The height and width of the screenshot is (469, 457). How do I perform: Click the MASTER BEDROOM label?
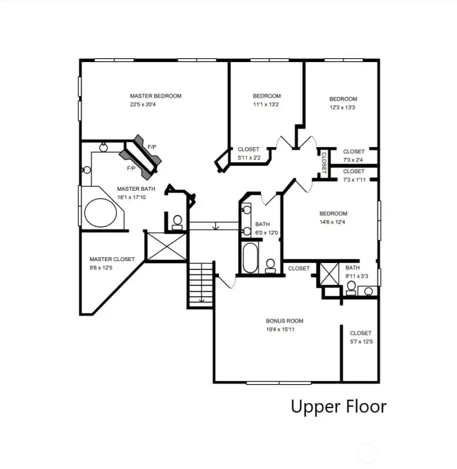pyautogui.click(x=156, y=96)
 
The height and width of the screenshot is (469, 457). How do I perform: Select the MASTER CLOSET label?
pyautogui.click(x=112, y=259)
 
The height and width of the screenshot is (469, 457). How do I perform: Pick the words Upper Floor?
pyautogui.click(x=338, y=406)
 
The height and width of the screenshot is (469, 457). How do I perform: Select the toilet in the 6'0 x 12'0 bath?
pyautogui.click(x=270, y=265)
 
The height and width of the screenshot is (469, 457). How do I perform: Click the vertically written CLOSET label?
pyautogui.click(x=324, y=162)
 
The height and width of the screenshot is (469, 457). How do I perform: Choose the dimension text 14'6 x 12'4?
pyautogui.click(x=333, y=222)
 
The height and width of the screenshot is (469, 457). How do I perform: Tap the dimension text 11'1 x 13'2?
pyautogui.click(x=267, y=105)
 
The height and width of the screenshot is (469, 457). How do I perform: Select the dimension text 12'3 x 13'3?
pyautogui.click(x=343, y=107)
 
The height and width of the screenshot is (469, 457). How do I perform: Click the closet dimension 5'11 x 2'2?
pyautogui.click(x=248, y=157)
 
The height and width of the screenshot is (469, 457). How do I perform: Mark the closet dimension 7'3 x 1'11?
pyautogui.click(x=354, y=180)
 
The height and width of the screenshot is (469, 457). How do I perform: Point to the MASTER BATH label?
pyautogui.click(x=136, y=189)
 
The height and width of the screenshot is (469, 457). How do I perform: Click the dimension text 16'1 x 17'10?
pyautogui.click(x=131, y=197)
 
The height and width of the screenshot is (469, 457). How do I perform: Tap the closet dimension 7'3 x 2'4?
pyautogui.click(x=354, y=160)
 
